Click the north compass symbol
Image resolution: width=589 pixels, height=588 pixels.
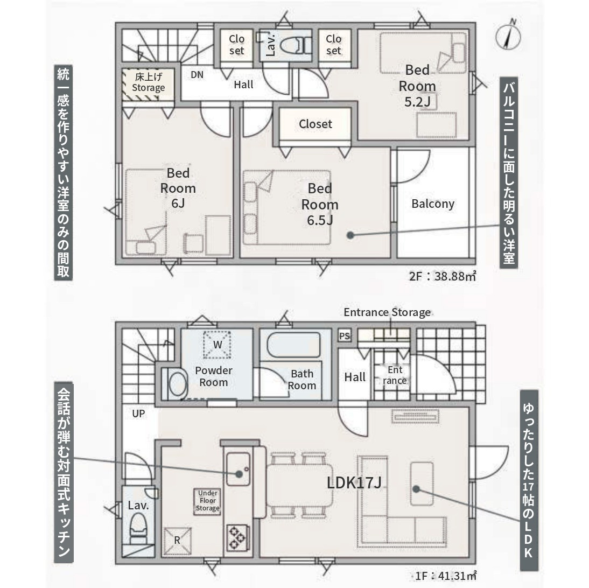coord(508,36)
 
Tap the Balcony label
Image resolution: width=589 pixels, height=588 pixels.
coord(433,204)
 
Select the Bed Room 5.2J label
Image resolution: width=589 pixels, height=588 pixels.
coord(417,86)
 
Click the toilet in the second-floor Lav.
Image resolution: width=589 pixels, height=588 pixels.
coord(296,45)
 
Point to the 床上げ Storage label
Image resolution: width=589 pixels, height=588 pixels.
coord(149,82)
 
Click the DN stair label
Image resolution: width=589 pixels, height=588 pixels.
coord(197,75)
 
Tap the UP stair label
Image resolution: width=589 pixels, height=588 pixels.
coord(138,414)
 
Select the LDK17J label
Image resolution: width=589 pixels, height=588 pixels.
coord(354,482)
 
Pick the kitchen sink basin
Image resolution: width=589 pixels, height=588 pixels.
coord(238,469)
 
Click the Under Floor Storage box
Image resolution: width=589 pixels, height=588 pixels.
coord(207,501)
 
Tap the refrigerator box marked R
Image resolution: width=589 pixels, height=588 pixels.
coord(177,541)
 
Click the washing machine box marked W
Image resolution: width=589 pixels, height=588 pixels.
coord(217,345)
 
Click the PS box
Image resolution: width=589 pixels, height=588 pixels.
coord(345,336)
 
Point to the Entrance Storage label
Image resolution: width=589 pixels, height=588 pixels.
coord(387,313)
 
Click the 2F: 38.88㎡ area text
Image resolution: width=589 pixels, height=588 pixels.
coord(443,277)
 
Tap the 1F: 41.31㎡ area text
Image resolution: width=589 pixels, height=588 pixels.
coord(446,576)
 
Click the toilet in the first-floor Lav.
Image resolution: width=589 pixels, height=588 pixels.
coord(138,528)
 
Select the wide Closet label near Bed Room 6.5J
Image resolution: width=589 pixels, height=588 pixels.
coord(315,124)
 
